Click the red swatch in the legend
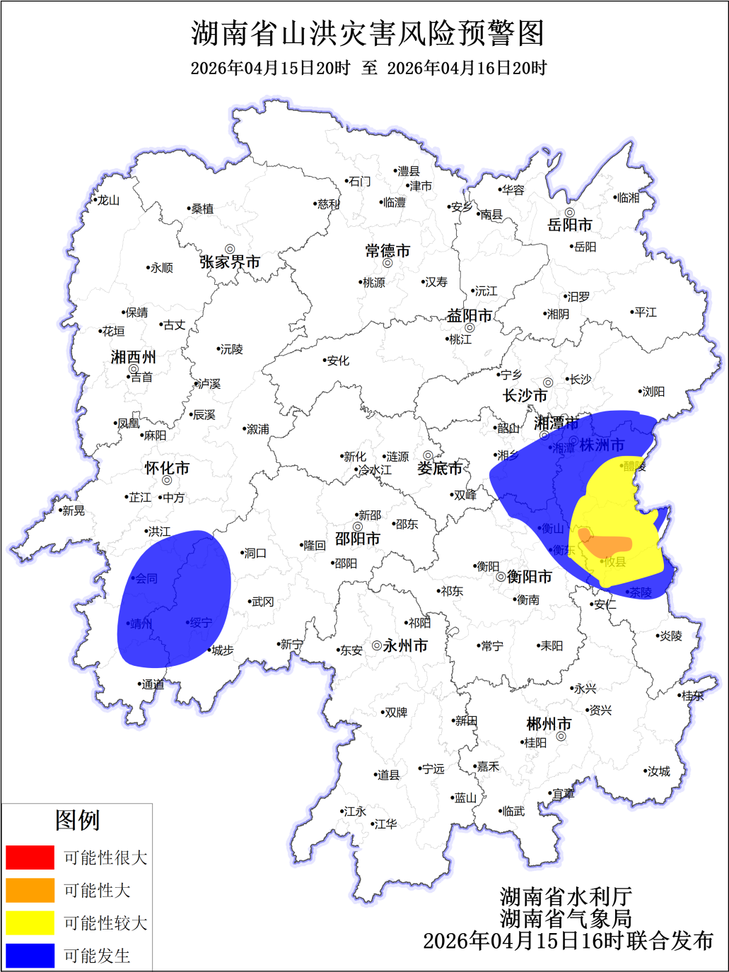[x=30, y=857]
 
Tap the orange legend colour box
[x=30, y=890]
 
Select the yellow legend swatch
[x=30, y=923]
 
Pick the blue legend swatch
[x=30, y=956]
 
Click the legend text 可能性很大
[x=105, y=857]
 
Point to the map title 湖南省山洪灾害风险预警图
[x=368, y=33]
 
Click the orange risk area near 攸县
[x=606, y=545]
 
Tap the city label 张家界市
[x=230, y=262]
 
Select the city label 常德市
[x=387, y=251]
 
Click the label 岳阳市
[x=570, y=225]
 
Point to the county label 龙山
[x=108, y=201]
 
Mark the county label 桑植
[x=202, y=209]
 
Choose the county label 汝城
[x=659, y=771]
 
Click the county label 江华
[x=385, y=824]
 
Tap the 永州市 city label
[x=405, y=645]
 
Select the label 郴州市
[x=549, y=724]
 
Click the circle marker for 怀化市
[x=167, y=481]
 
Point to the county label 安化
[x=338, y=361]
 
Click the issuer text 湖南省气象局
[x=566, y=918]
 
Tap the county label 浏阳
[x=653, y=392]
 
